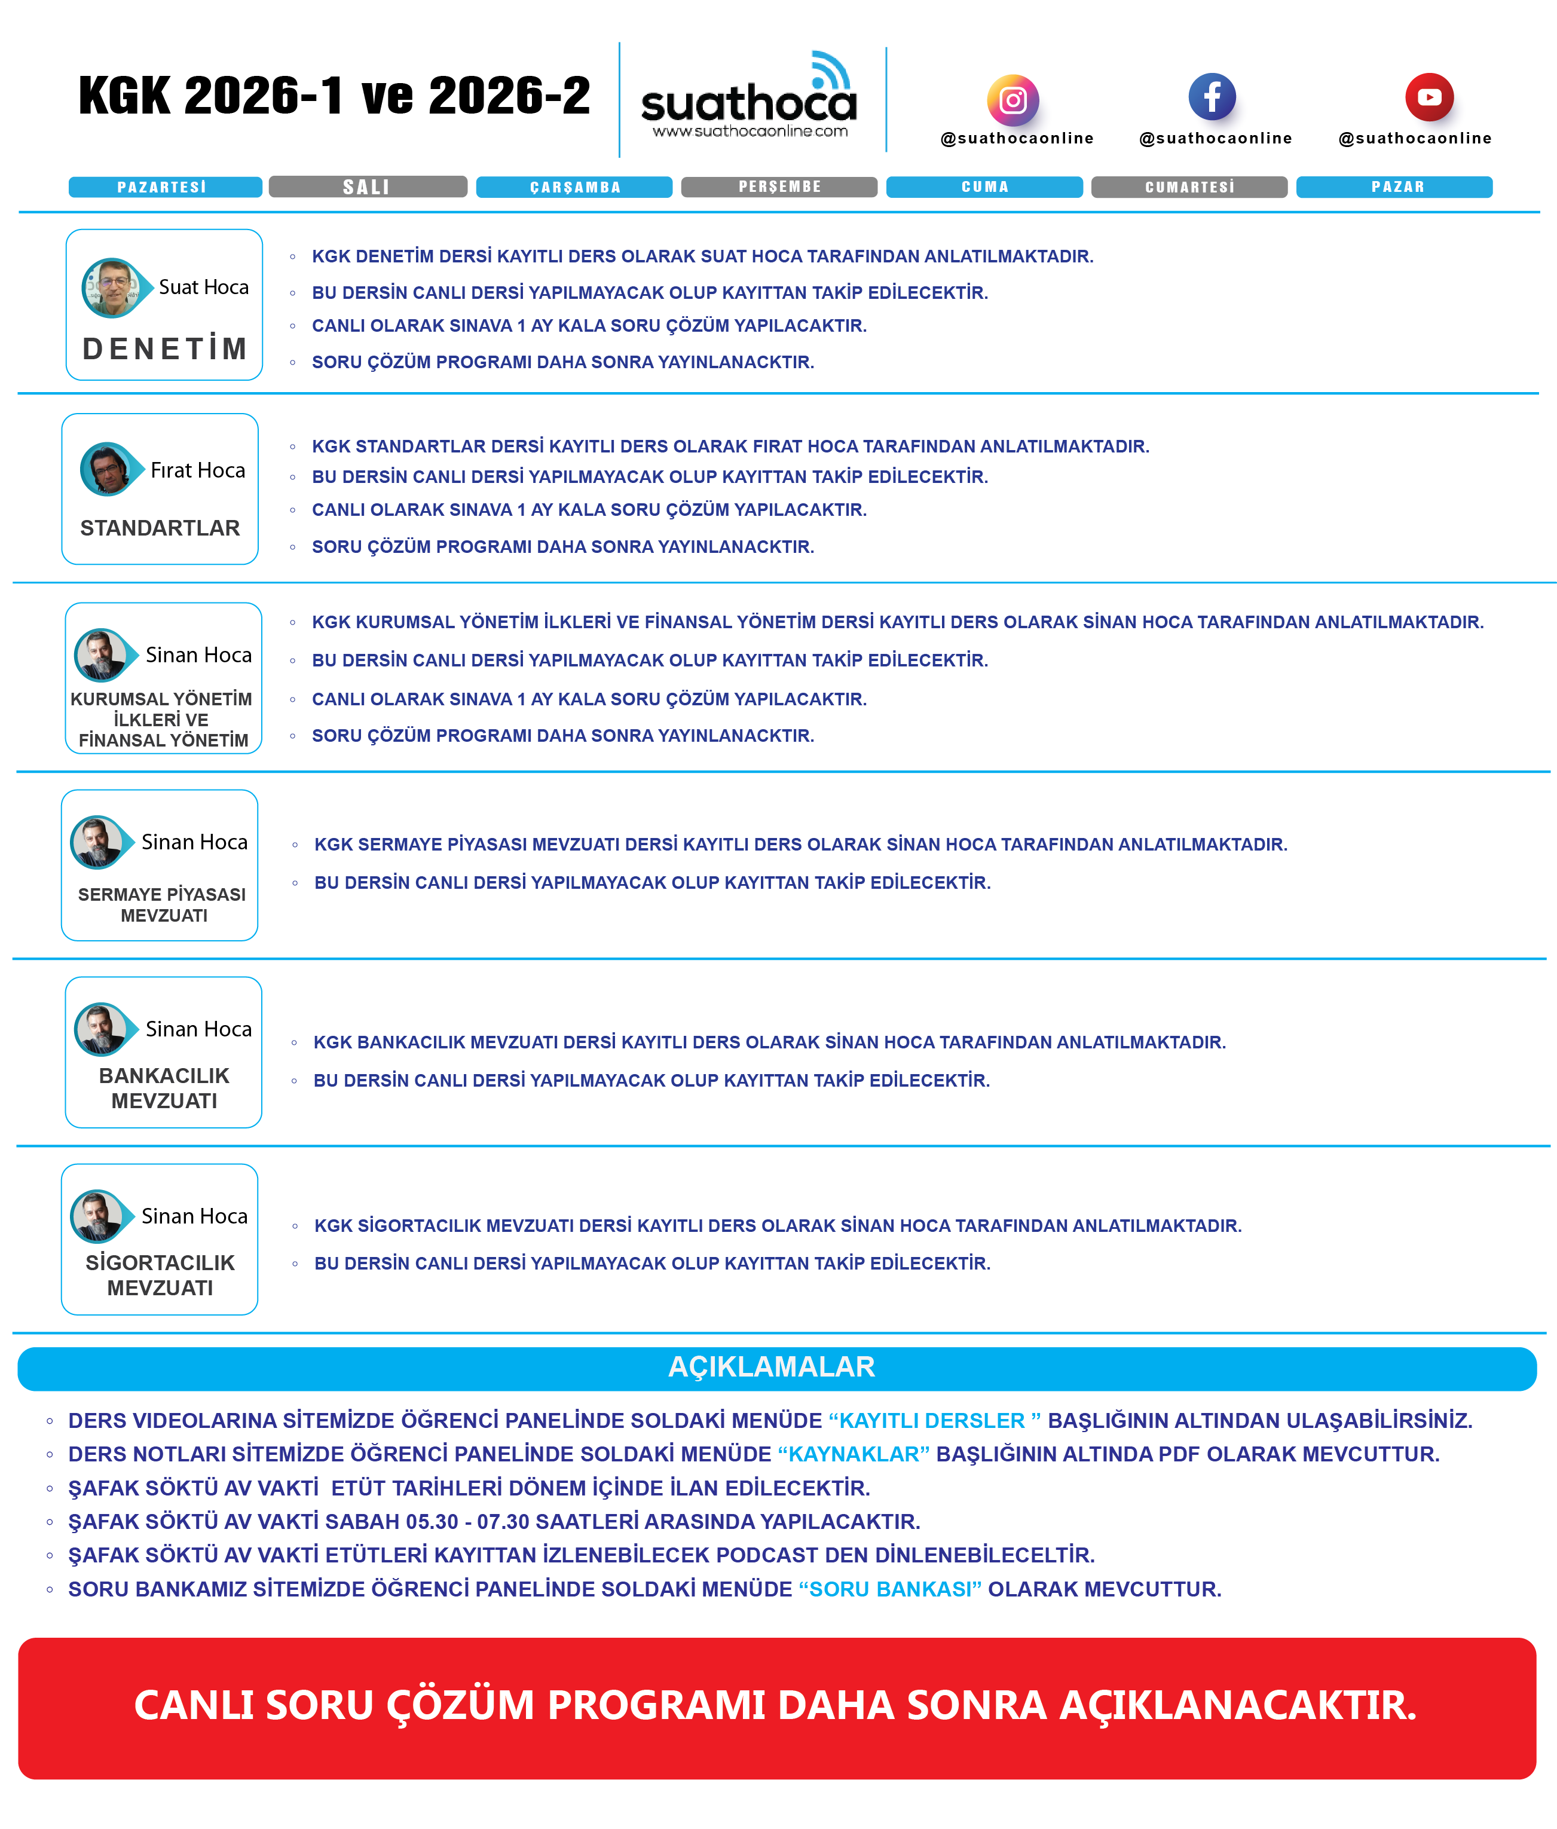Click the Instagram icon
(x=1012, y=100)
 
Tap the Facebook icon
(x=1212, y=96)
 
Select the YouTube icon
(x=1429, y=96)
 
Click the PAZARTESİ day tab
(x=165, y=187)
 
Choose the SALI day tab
(x=367, y=187)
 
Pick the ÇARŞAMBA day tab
(x=574, y=187)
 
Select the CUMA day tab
(x=984, y=187)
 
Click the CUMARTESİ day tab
(x=1189, y=187)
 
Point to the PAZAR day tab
(x=1394, y=187)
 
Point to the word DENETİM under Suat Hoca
(x=165, y=348)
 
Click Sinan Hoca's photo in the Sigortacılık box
(x=97, y=1216)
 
